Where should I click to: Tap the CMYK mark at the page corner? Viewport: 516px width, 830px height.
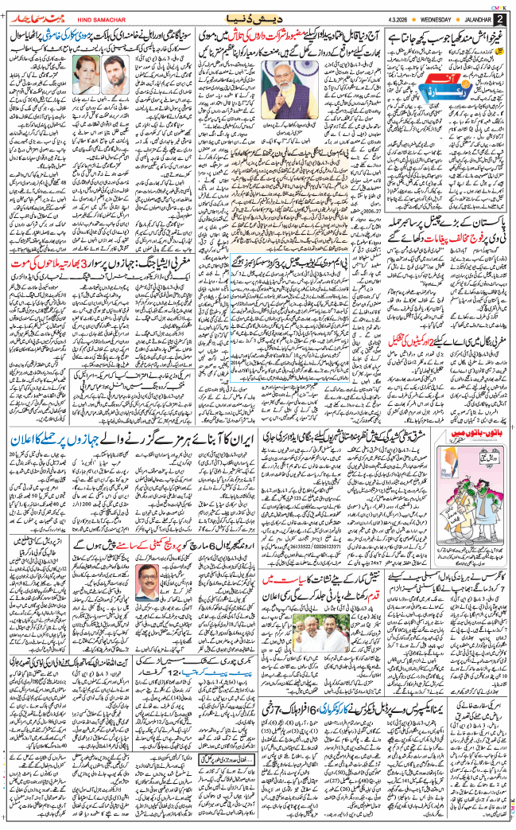[499, 6]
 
